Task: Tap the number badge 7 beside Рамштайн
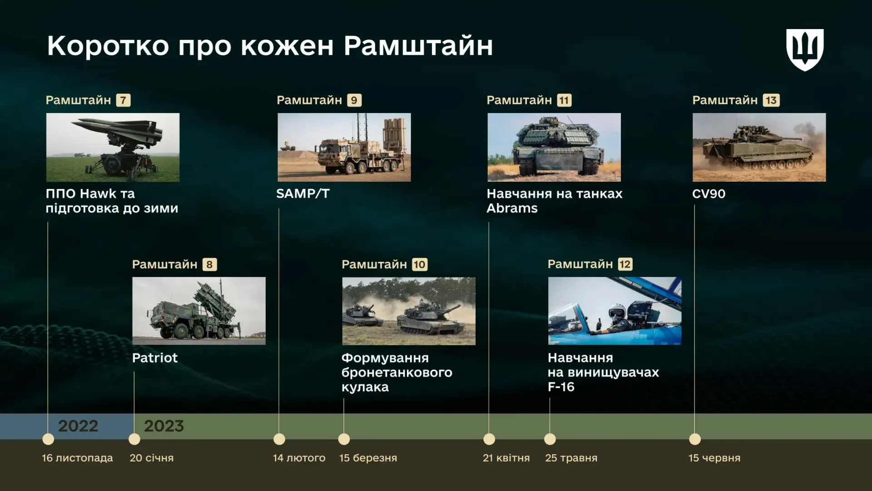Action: coord(123,100)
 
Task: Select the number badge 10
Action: coord(420,264)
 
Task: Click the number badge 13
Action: coord(771,100)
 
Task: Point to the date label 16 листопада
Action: coord(77,458)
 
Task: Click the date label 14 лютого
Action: coord(299,458)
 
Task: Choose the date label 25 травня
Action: coord(571,458)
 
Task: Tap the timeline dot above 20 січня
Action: coord(134,439)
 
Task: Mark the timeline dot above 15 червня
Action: coord(695,439)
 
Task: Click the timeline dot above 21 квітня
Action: coord(489,439)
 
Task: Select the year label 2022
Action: coord(78,426)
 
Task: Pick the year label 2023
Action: coord(164,426)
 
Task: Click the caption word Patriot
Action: coord(155,358)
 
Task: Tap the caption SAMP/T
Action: coord(303,193)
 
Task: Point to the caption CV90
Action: coord(709,193)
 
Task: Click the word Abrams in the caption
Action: coord(512,208)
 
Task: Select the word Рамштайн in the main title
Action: coord(418,45)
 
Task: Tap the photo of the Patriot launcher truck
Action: coord(199,311)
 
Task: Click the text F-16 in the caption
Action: coord(561,387)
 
